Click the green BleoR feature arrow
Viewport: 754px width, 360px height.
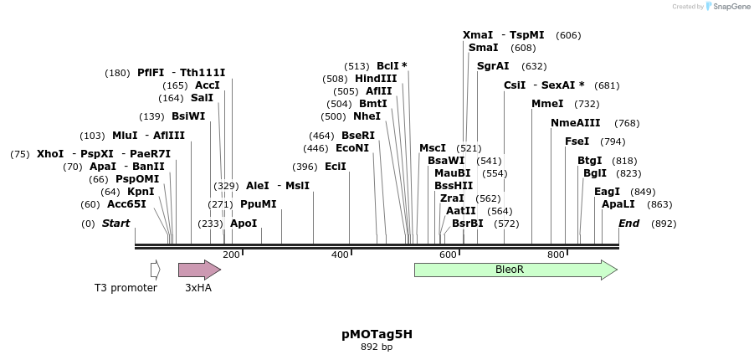(515, 270)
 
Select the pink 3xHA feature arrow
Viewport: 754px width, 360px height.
(198, 270)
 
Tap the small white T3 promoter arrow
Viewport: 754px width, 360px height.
(155, 270)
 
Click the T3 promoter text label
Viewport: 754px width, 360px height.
(126, 288)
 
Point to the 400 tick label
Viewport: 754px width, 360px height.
(340, 255)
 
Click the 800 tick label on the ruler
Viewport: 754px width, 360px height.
(556, 255)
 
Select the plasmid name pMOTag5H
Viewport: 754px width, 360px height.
(377, 334)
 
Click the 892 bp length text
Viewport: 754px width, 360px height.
(377, 347)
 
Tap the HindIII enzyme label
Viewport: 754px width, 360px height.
(376, 79)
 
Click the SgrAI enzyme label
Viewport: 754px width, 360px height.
(493, 66)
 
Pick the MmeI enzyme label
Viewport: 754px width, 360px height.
(547, 104)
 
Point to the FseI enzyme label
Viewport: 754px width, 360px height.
(577, 141)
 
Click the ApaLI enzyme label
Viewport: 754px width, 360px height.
(618, 204)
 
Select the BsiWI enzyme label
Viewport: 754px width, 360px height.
(188, 116)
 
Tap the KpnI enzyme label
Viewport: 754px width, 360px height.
(141, 192)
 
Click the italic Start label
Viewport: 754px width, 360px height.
(115, 224)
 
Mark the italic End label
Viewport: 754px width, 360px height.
(628, 224)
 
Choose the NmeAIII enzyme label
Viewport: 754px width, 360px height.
(574, 123)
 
